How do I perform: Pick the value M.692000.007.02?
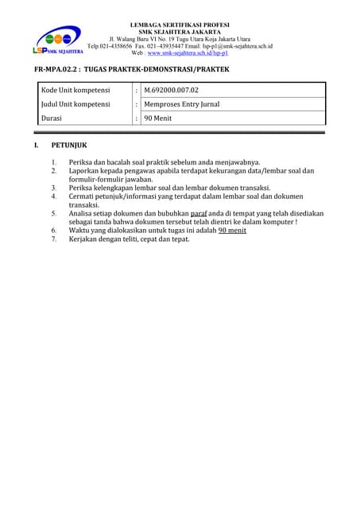point(172,91)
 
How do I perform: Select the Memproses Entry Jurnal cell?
point(182,104)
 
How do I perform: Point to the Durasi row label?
point(52,118)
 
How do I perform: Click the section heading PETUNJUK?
point(70,146)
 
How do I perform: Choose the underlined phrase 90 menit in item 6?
point(232,230)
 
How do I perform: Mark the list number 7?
point(54,239)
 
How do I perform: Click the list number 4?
point(54,196)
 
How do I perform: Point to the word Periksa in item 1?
point(81,162)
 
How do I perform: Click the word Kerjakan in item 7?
point(85,239)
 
